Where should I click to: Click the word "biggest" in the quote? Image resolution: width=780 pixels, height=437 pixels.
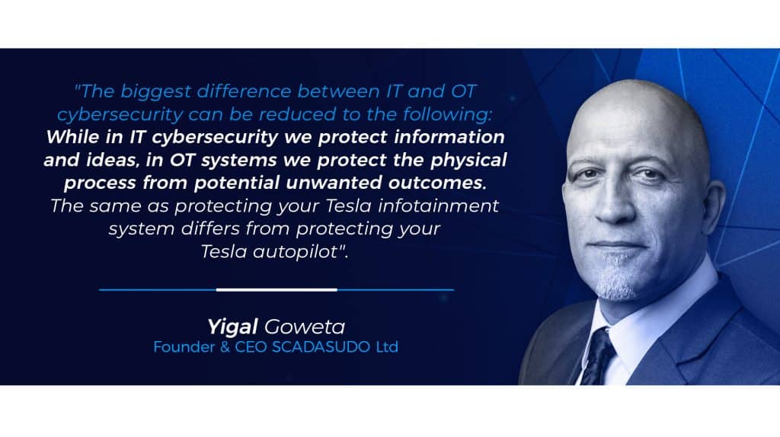[x=155, y=92]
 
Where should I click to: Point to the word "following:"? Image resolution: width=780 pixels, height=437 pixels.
[x=447, y=115]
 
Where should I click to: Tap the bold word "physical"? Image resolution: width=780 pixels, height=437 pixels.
[x=468, y=161]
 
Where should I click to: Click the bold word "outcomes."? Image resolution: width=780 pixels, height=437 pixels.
[x=437, y=183]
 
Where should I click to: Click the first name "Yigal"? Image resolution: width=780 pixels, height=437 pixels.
[x=232, y=327]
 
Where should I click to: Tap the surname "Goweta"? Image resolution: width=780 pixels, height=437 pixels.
[x=305, y=327]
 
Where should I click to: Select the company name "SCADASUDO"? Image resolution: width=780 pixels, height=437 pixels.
[x=321, y=347]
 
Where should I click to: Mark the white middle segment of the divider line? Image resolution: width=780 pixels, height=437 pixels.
[x=277, y=289]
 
